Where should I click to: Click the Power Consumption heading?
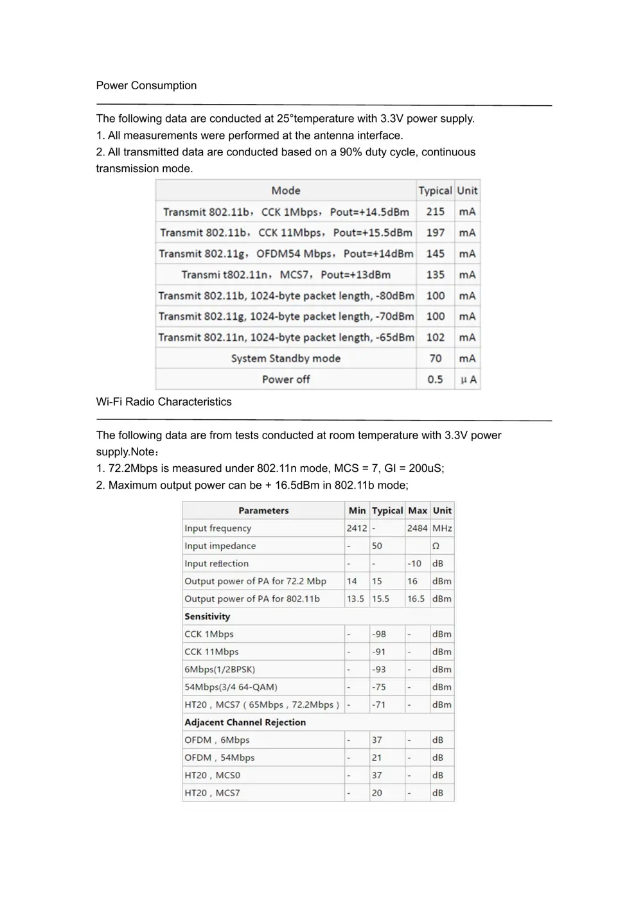tap(146, 85)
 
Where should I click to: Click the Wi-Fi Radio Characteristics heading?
tap(164, 402)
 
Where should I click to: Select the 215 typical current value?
tap(435, 212)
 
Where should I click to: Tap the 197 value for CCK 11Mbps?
tap(435, 232)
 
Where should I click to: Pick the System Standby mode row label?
tap(286, 358)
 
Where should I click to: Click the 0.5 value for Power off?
tap(435, 380)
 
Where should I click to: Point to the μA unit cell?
tap(468, 380)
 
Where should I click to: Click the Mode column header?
tap(286, 191)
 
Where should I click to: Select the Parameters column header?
tap(263, 511)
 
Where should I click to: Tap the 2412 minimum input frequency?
tap(357, 528)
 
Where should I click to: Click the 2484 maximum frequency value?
tap(417, 528)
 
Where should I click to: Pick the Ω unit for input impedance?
tap(436, 546)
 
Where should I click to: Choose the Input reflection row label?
tap(216, 564)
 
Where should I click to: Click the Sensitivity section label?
tap(207, 616)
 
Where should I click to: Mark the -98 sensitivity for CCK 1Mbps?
tap(379, 634)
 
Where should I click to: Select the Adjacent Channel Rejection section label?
tap(245, 722)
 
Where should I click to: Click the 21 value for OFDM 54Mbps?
tap(376, 758)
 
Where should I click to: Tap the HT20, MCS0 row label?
tap(212, 776)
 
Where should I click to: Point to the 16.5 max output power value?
tap(416, 599)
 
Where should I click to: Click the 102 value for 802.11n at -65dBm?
tap(435, 338)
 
